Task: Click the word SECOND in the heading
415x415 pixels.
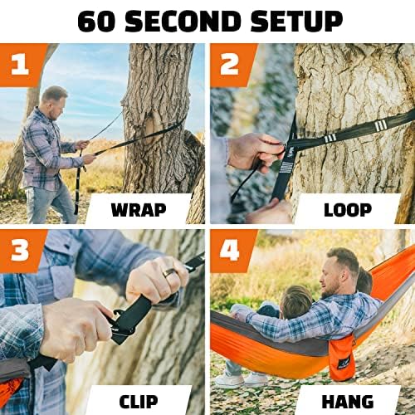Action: click(183, 22)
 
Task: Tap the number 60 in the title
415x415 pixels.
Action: click(96, 22)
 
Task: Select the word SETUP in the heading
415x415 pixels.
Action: click(296, 22)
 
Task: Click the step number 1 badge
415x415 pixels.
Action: click(20, 64)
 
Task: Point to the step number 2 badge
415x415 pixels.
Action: click(230, 64)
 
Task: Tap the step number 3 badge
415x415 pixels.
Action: click(20, 251)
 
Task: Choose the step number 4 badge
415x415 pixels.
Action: click(230, 251)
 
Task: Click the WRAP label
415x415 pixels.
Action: click(139, 210)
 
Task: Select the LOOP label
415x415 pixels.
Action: click(348, 210)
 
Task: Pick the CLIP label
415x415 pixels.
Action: click(139, 402)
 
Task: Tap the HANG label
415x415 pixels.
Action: click(348, 402)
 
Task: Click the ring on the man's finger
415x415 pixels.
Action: click(168, 273)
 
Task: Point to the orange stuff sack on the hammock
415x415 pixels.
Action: click(342, 358)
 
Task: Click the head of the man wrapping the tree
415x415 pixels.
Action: click(55, 102)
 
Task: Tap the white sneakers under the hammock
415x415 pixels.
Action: click(240, 379)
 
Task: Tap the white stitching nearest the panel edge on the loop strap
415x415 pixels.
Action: click(381, 126)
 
